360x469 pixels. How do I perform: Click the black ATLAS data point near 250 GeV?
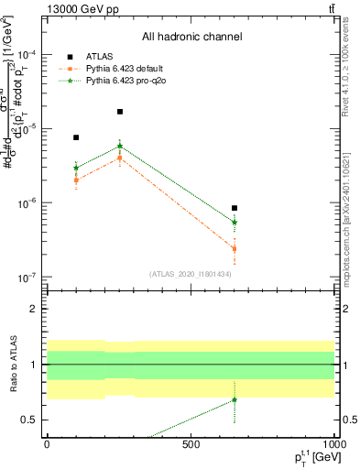pos(120,112)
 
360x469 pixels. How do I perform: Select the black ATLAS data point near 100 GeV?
pos(76,137)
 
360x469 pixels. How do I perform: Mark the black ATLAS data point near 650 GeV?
pos(235,208)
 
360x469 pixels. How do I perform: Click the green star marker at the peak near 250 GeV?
pos(120,146)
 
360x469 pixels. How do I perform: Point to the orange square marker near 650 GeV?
pos(235,248)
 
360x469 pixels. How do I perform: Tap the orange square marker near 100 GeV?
pos(76,180)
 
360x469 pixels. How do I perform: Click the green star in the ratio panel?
pos(235,399)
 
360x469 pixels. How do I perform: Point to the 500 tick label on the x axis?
pos(191,444)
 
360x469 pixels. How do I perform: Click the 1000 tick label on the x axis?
pos(333,444)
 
